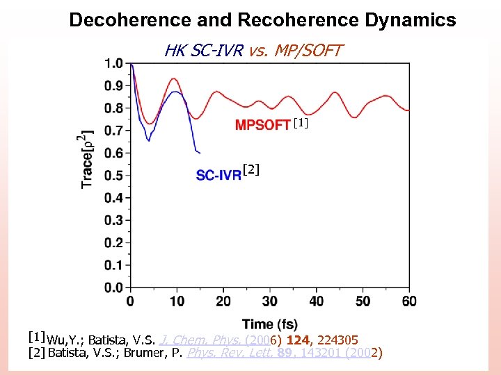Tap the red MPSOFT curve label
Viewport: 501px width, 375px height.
tap(263, 125)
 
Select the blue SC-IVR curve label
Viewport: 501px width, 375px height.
tap(218, 176)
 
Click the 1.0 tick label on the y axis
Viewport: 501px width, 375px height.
tap(113, 63)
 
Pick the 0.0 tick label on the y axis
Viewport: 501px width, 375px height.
tap(113, 287)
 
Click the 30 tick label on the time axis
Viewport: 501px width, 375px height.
tap(270, 301)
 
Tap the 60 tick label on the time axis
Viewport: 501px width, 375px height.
tap(409, 301)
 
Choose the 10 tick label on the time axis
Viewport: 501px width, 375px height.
tap(177, 301)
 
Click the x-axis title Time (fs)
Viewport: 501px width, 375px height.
tap(270, 324)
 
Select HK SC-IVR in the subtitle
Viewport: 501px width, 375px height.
tap(202, 50)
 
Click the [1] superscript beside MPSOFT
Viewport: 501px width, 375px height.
tap(299, 123)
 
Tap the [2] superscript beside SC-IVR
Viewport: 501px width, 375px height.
tap(250, 168)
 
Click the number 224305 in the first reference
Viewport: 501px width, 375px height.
tap(337, 340)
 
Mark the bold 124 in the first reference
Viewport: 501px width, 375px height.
tap(298, 340)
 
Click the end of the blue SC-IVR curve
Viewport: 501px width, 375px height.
tap(199, 152)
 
